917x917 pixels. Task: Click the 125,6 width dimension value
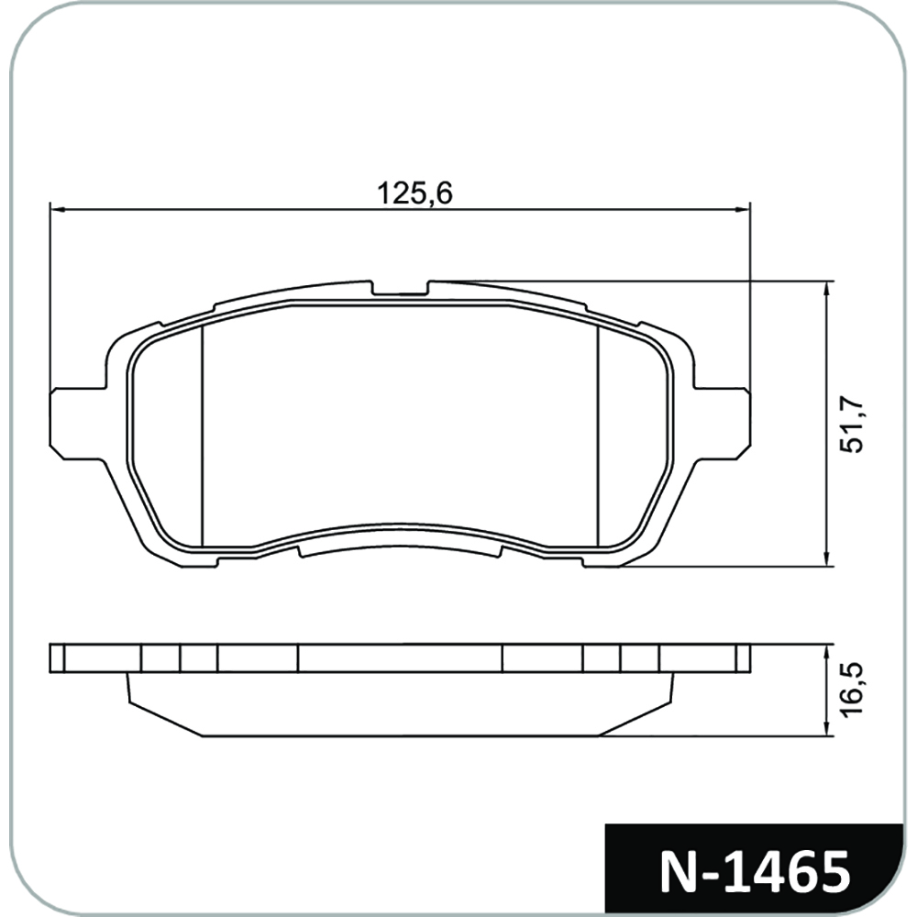[x=414, y=193]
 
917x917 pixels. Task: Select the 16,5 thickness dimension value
[x=851, y=689]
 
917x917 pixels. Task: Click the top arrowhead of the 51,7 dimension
[x=826, y=290]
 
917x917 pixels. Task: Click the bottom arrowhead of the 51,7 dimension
[x=826, y=558]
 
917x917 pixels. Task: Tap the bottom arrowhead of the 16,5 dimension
[x=826, y=727]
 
